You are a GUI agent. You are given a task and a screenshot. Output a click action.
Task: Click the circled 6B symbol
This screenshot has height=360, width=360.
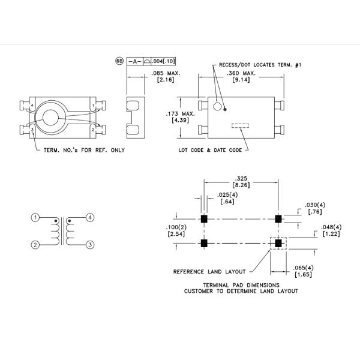[x=119, y=61]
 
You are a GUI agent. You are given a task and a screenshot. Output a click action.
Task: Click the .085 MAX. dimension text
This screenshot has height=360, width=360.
[x=170, y=73]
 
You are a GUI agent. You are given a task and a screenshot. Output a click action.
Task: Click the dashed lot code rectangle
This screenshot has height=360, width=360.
[x=241, y=126]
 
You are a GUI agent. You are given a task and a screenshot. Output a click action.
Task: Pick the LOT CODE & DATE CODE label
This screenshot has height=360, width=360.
[x=210, y=150]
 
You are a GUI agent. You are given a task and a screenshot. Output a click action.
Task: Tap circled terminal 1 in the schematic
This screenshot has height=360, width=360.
[x=36, y=217]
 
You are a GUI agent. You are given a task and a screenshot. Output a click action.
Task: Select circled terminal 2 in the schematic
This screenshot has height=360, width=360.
[x=36, y=244]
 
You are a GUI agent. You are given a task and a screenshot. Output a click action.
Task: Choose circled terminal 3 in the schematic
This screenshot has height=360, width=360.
[x=90, y=244]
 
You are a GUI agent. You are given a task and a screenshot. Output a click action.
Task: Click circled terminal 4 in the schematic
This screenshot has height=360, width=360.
[x=90, y=217]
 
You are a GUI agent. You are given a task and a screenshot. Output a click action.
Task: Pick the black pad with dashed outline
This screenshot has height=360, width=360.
[x=278, y=244]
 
